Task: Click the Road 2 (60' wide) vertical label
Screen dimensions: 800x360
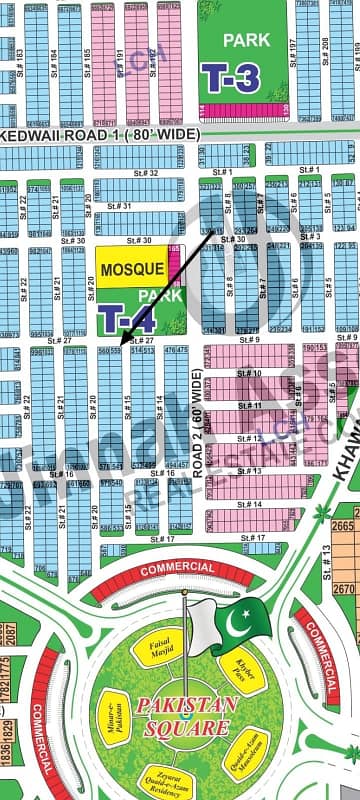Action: pos(196,431)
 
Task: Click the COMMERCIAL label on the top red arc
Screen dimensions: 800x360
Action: pos(151,569)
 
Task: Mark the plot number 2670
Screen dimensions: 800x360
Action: pos(343,590)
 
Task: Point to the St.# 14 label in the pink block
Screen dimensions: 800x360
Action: pos(252,505)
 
